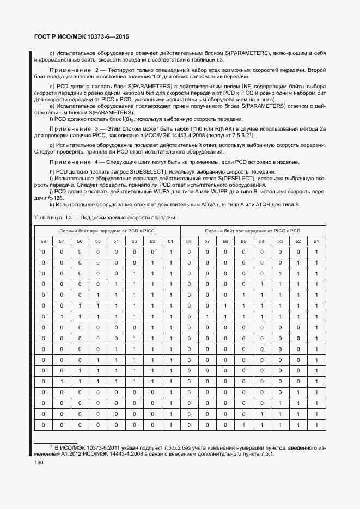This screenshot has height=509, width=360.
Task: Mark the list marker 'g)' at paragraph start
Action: [52, 145]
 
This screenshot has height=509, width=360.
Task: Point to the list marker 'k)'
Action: [52, 204]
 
